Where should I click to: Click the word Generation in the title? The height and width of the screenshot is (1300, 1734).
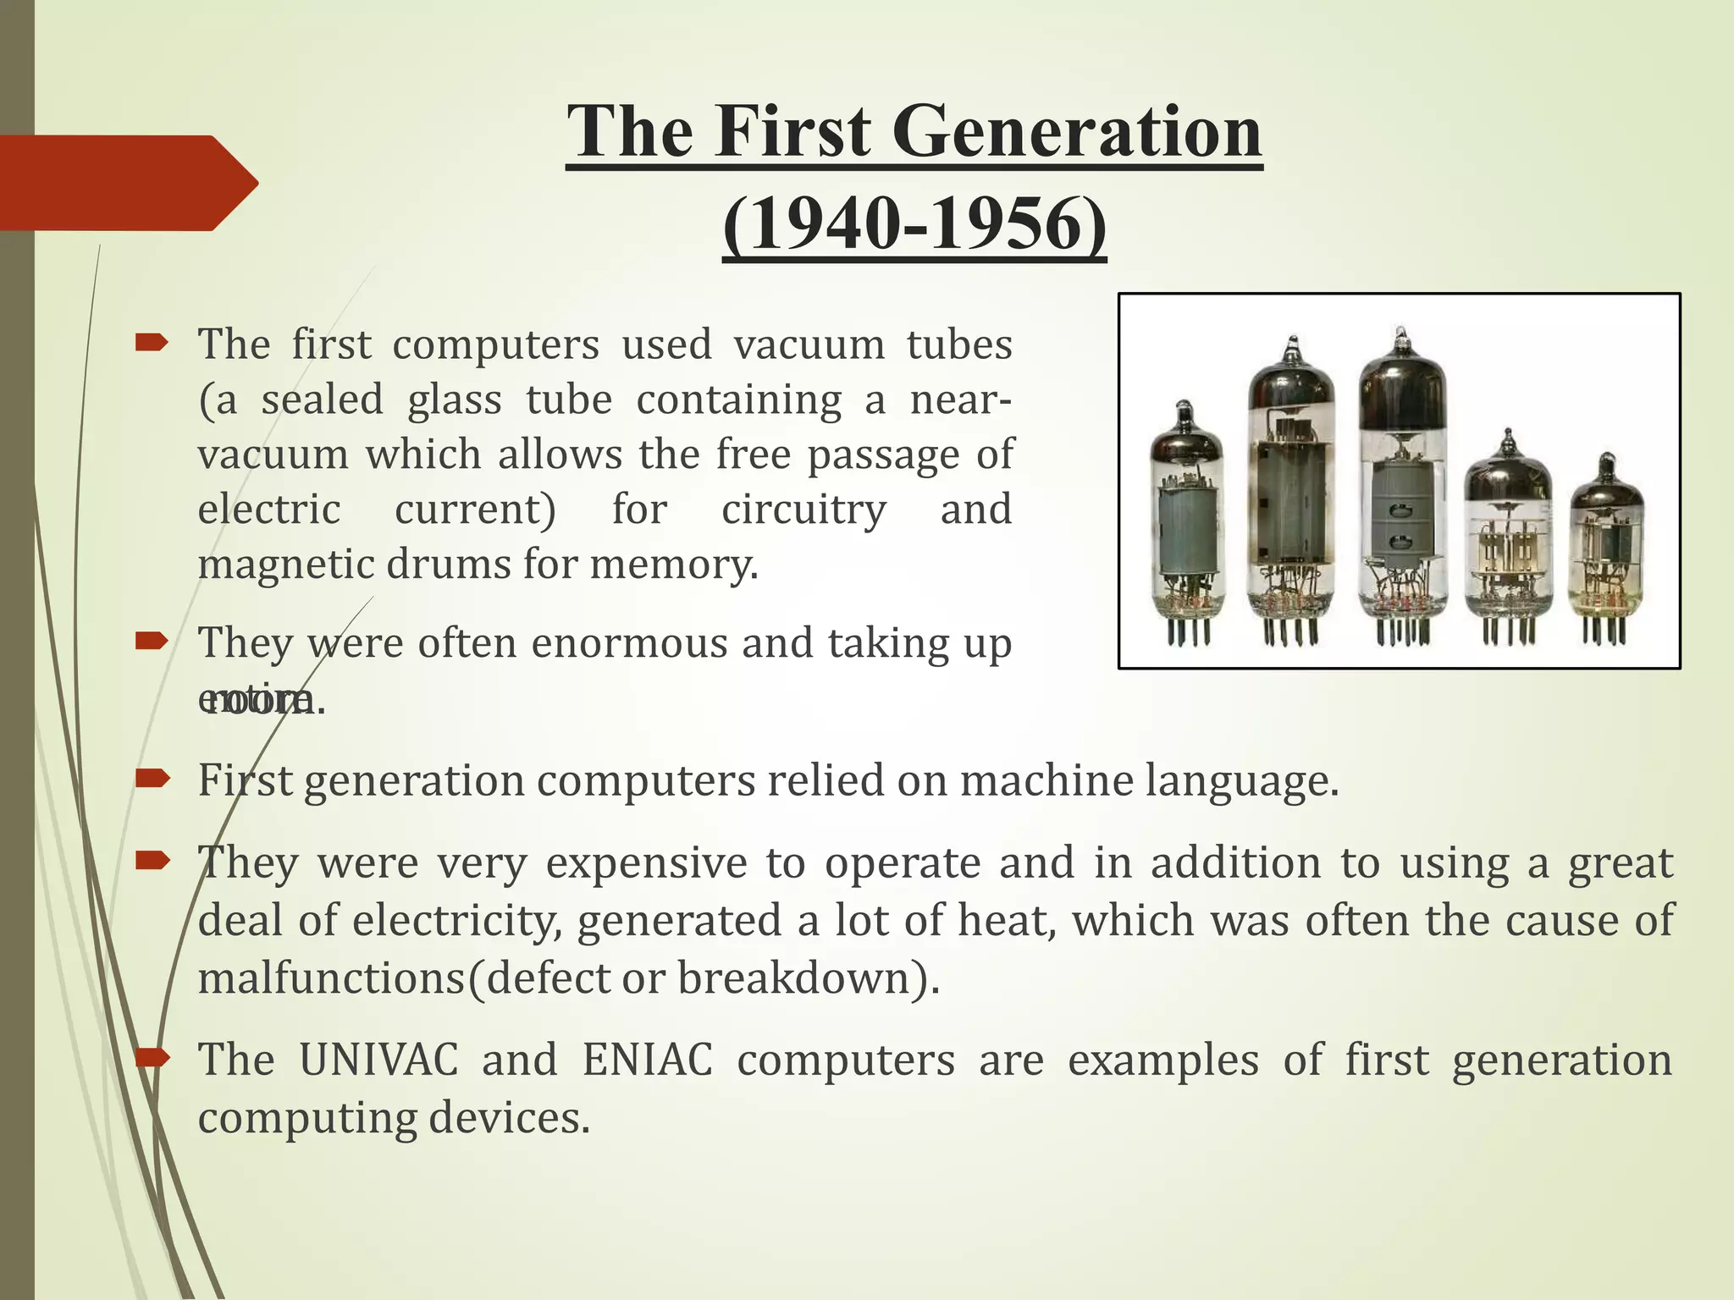point(1076,132)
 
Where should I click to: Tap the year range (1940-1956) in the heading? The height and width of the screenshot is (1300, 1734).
point(914,224)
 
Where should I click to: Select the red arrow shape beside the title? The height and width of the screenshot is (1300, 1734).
point(127,183)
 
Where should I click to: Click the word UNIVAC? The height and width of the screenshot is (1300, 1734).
point(378,1060)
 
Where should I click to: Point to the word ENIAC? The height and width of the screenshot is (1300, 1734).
point(647,1060)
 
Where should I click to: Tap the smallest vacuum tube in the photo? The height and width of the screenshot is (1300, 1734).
point(1606,550)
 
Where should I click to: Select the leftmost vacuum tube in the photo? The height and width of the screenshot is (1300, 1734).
point(1186,525)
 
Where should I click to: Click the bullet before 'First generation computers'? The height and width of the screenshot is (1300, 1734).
point(153,779)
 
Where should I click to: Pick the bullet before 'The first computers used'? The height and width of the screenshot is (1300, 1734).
point(153,343)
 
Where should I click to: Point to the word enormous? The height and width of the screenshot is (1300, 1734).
point(630,643)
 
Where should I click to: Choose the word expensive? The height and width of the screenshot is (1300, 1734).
point(646,863)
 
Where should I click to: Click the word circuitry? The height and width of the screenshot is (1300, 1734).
point(803,510)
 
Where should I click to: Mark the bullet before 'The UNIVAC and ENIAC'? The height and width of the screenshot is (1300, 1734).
point(153,1058)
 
